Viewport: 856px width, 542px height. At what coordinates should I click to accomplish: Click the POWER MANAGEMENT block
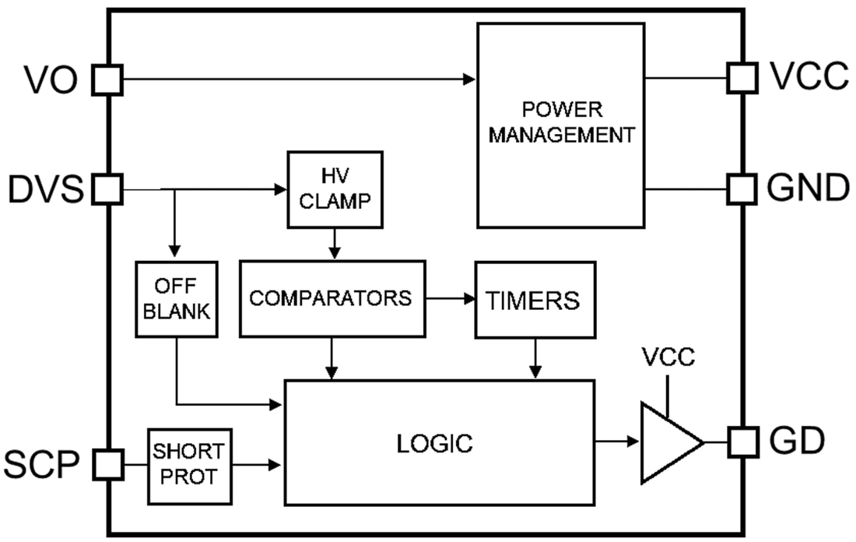560,125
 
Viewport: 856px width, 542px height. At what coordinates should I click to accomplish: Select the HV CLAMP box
335,189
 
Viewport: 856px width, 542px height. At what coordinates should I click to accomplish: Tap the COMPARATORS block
333,298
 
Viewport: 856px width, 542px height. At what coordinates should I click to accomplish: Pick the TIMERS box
535,300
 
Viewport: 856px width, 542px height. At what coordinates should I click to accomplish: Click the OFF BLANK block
176,299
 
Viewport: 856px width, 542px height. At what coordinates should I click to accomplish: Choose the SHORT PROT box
190,464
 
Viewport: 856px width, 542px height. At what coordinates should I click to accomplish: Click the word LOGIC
434,444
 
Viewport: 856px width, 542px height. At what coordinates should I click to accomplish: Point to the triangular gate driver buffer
668,442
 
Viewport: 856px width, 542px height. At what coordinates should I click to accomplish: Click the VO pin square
108,79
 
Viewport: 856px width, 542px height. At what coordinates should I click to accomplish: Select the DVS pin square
108,189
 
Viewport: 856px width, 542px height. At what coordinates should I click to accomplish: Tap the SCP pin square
108,464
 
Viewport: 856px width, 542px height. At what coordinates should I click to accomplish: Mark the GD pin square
742,442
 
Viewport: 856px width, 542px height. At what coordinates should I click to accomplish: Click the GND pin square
742,188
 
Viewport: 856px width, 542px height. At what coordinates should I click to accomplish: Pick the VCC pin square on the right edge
742,78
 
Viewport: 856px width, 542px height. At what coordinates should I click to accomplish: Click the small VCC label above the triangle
668,359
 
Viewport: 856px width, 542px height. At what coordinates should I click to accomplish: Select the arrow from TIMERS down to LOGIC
535,360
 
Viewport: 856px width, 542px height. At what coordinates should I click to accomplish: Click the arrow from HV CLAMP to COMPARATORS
334,245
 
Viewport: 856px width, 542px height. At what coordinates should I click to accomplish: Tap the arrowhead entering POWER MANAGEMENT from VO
469,79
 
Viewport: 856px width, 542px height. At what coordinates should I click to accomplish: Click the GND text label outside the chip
806,188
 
